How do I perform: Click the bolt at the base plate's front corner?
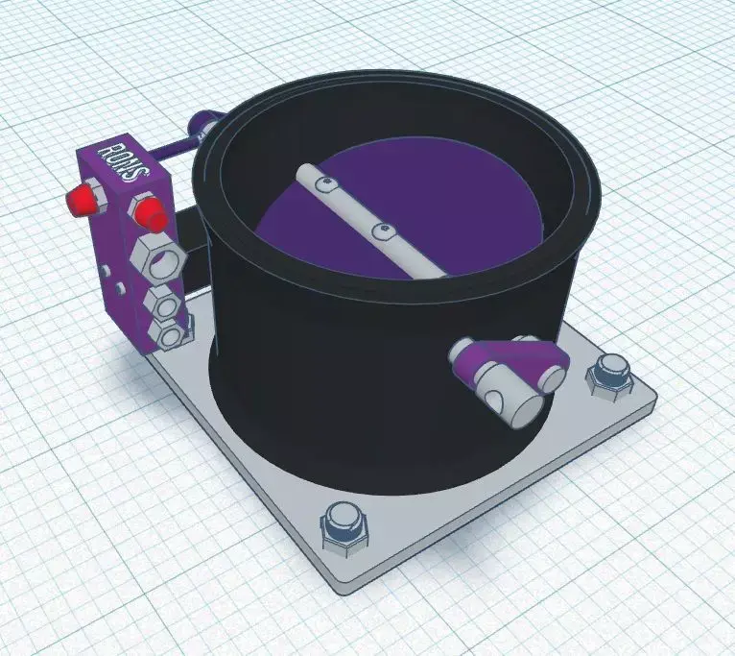pos(343,526)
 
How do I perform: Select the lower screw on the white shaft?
pos(382,230)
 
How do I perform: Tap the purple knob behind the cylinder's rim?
pos(204,122)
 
